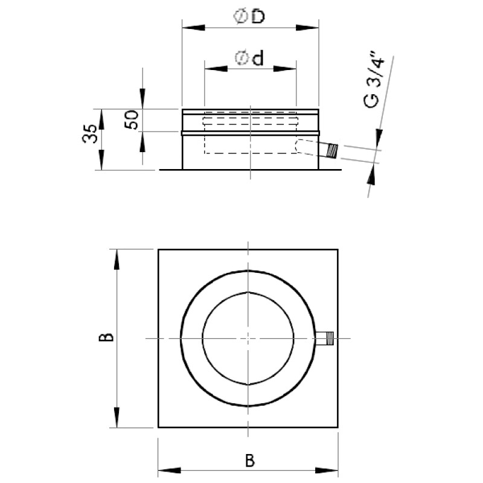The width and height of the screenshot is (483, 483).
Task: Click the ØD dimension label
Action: (249, 16)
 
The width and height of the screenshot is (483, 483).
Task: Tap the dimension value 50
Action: (132, 120)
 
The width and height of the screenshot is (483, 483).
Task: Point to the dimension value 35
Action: (89, 133)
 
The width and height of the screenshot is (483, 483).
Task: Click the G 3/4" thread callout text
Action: (374, 80)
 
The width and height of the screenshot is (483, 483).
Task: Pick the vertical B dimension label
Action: (106, 337)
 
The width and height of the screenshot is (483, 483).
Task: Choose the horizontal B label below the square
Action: (250, 461)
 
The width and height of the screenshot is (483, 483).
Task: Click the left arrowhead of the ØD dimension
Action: (193, 28)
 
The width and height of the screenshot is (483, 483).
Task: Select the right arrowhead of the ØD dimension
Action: (307, 28)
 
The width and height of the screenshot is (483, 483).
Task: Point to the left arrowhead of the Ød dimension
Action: (216, 69)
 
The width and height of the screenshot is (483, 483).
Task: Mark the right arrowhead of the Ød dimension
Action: (285, 69)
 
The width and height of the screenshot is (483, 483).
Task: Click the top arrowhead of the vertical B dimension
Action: (117, 260)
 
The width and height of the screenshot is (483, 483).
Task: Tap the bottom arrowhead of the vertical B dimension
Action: (117, 417)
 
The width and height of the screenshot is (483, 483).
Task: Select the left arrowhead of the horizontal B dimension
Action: (169, 470)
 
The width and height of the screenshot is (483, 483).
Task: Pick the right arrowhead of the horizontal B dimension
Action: (327, 470)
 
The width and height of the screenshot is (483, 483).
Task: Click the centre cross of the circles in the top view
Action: (248, 338)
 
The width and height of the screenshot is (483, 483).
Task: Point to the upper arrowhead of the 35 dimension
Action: (101, 119)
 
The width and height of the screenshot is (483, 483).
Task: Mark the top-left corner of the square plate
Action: (158, 249)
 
